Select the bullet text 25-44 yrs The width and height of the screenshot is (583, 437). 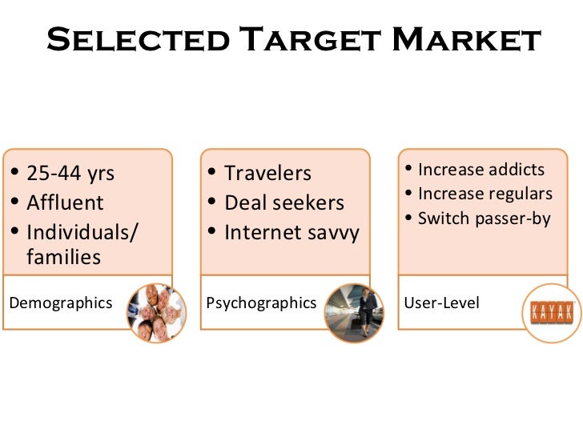[x=70, y=174]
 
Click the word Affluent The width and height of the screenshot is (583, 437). [x=66, y=203]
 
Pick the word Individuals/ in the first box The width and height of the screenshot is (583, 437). [x=82, y=233]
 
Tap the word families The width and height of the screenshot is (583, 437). [x=64, y=258]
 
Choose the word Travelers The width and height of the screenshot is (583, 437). [x=267, y=174]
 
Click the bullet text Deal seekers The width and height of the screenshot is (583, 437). [x=283, y=203]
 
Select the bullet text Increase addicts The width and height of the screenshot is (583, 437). [x=481, y=170]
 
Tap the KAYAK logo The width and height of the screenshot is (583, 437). [x=552, y=312]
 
